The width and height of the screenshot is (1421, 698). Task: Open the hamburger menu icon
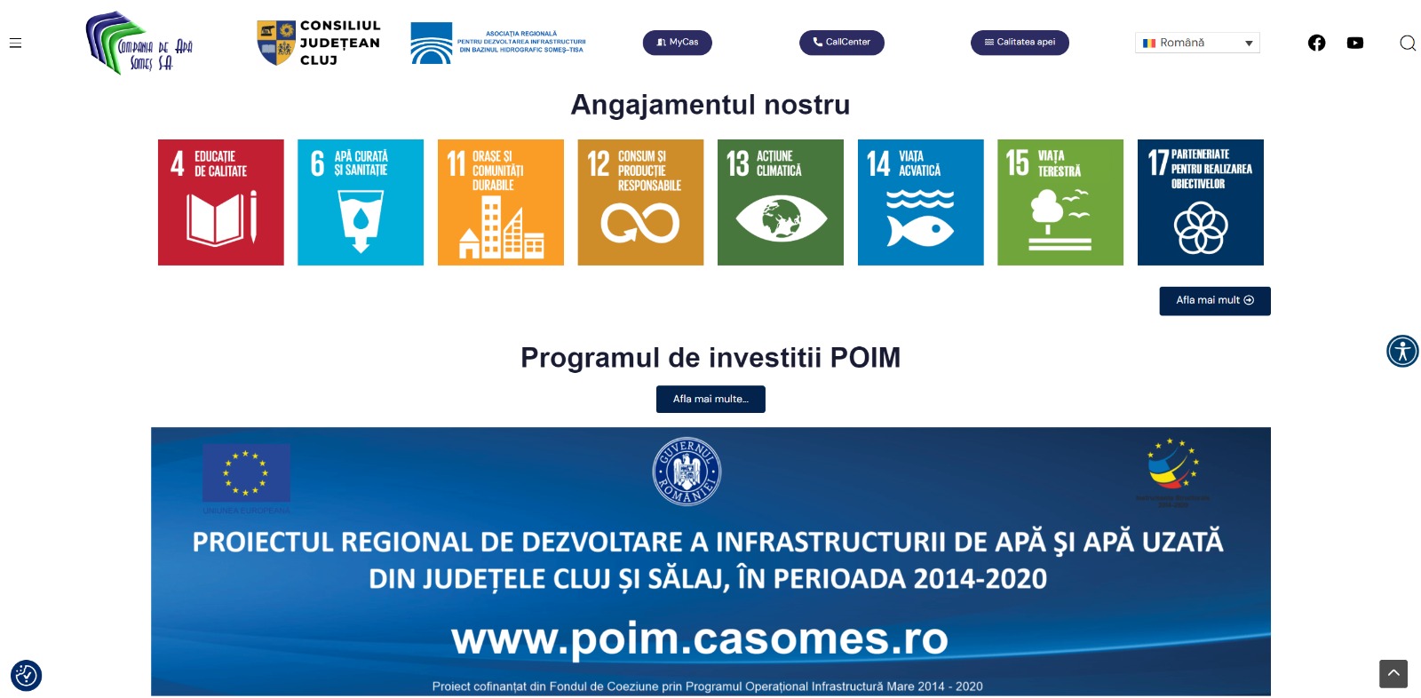tap(15, 43)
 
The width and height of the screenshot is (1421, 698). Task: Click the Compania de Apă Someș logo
tap(139, 44)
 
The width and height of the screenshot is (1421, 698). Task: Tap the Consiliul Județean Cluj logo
tap(318, 43)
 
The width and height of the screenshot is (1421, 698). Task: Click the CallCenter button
tap(841, 43)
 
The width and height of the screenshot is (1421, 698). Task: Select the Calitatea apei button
tap(1019, 43)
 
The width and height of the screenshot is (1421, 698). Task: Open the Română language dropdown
tap(1196, 43)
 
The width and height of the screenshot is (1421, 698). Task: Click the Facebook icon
tap(1316, 43)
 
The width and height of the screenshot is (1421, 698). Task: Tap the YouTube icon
tap(1354, 43)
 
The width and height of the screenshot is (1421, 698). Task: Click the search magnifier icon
tap(1407, 43)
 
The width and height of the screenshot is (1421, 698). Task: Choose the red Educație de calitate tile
tap(221, 202)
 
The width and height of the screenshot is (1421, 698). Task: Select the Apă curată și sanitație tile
tap(361, 202)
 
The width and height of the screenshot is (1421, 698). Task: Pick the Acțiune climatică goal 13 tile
tap(781, 202)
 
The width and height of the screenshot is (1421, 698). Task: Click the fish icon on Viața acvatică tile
tap(920, 232)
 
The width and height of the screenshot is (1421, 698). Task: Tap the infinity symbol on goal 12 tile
tap(639, 223)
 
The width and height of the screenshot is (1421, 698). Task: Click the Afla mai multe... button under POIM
tap(710, 399)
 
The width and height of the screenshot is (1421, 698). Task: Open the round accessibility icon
tap(1402, 351)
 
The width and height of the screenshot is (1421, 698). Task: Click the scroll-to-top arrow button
tap(1393, 674)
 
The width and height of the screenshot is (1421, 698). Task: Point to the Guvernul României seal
tap(687, 471)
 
